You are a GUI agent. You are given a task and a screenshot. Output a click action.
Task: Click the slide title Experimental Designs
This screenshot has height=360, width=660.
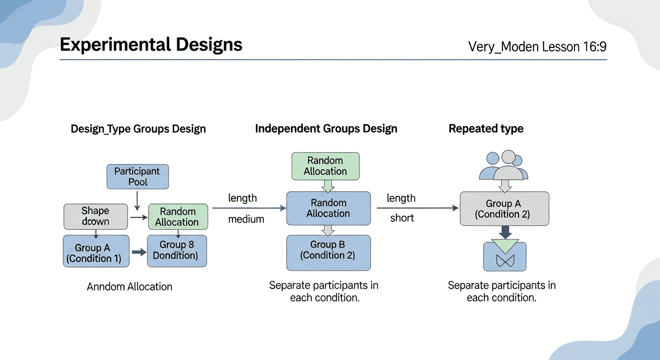coord(151,45)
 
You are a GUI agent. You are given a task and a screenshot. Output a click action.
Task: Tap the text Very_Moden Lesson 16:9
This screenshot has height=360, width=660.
coord(537,47)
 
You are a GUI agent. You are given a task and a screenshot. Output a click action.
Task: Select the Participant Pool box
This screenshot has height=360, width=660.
coord(137,177)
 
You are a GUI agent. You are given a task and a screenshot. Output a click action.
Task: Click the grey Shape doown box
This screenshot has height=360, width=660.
coord(96,216)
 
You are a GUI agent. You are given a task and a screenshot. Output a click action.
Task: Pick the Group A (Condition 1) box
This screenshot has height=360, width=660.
coord(96,251)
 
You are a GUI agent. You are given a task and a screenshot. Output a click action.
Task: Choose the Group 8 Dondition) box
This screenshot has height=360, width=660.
coord(177,250)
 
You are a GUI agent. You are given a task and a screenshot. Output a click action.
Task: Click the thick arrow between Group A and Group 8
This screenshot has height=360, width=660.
coord(139,252)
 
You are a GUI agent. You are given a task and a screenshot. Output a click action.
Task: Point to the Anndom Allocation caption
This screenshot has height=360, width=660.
coord(129,286)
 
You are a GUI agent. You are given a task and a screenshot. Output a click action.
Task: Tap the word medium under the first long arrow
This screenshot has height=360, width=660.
coord(246,219)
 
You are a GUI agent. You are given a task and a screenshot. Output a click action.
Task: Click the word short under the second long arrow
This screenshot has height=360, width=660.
coord(402,218)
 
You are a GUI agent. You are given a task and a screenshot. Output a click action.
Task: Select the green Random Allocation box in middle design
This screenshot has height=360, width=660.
coord(325,166)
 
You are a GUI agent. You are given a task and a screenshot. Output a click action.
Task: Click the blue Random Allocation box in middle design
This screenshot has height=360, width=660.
coord(328,208)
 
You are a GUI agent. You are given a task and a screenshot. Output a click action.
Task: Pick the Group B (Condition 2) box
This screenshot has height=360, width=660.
coord(328,250)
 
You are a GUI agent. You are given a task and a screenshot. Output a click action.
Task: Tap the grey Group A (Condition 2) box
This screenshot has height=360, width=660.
coord(504,209)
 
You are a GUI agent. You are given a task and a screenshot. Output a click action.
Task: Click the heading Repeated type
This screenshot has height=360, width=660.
coord(486,129)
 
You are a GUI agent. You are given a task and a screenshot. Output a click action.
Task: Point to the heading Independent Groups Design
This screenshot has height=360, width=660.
coord(326,129)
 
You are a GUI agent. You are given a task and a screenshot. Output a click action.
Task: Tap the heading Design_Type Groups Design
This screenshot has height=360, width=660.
coord(138,129)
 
